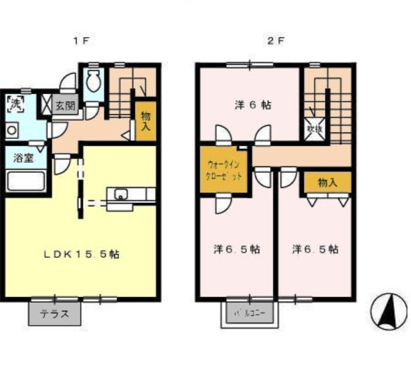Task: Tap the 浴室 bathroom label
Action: click(22, 158)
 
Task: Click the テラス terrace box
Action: click(54, 313)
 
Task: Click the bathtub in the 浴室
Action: click(25, 182)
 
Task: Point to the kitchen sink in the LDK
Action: click(121, 194)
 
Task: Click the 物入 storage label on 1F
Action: click(145, 121)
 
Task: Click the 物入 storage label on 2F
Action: click(327, 183)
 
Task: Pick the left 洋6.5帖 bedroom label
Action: click(237, 250)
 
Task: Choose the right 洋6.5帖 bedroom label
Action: click(315, 250)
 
